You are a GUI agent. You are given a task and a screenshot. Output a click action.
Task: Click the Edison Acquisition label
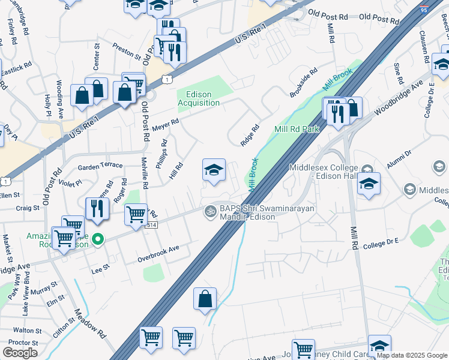pyautogui.click(x=199, y=98)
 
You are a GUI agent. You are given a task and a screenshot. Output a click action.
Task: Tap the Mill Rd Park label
pyautogui.click(x=296, y=129)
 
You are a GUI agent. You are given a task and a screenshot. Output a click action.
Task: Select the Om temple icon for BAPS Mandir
pyautogui.click(x=210, y=211)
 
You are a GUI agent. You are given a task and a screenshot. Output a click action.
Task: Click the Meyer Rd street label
pyautogui.click(x=166, y=124)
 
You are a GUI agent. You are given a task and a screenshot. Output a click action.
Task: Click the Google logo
pyautogui.click(x=20, y=353)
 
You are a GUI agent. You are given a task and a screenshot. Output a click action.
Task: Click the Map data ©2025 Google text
pyautogui.click(x=411, y=355)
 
